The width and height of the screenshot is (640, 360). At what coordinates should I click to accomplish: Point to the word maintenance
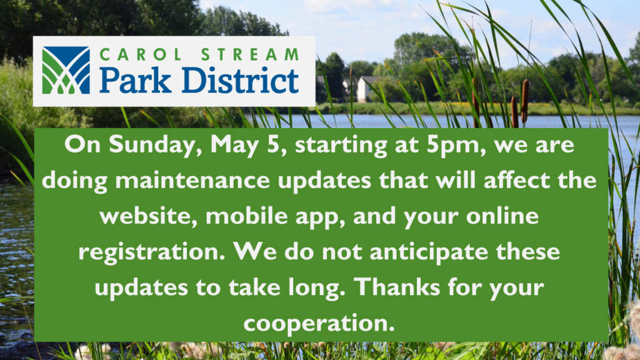[x=192, y=180]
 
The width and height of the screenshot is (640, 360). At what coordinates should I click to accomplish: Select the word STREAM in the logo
[x=250, y=55]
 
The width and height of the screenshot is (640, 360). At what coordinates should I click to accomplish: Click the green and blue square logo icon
[x=66, y=70]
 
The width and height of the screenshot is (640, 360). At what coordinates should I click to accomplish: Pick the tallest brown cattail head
[x=525, y=101]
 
